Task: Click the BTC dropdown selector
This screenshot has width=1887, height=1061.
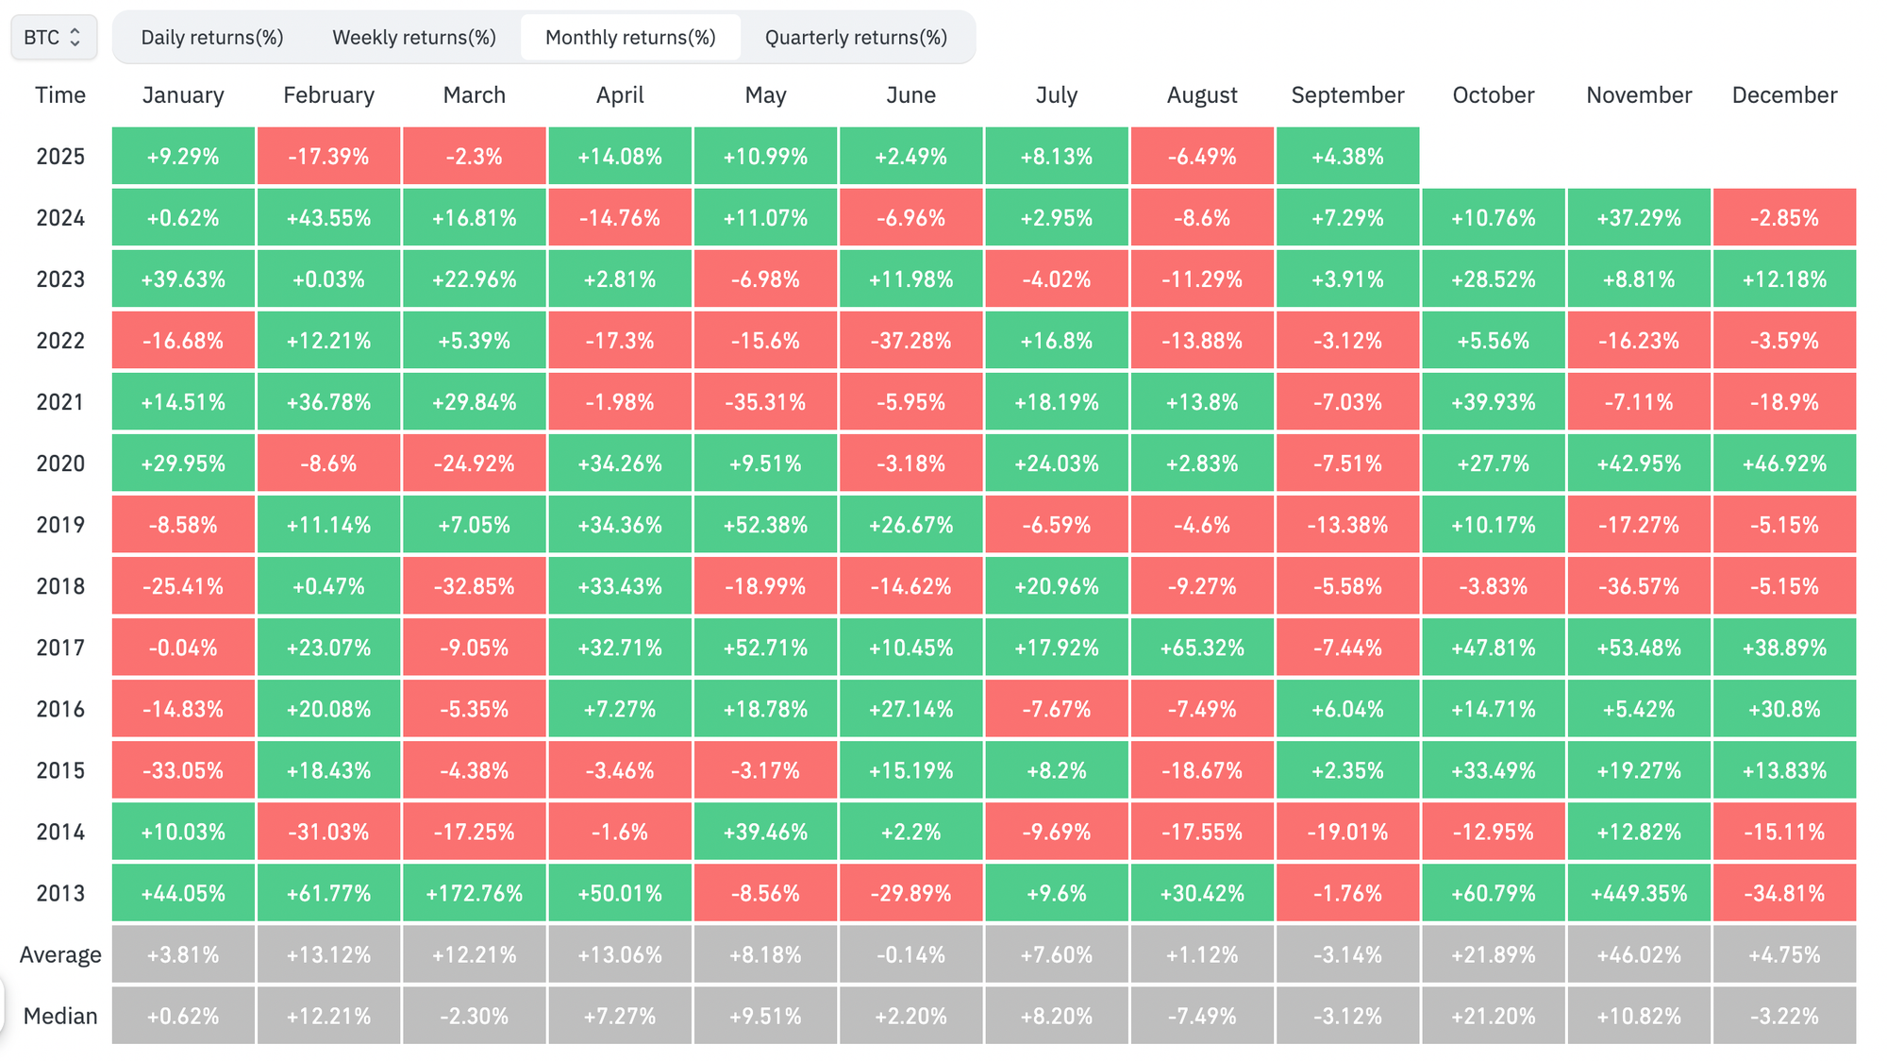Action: click(53, 38)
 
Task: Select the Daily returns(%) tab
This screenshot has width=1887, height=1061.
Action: click(212, 38)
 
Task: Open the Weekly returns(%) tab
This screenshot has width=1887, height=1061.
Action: click(413, 38)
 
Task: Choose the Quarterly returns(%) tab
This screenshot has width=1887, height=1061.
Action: click(856, 38)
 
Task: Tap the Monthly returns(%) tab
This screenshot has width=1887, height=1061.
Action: click(630, 38)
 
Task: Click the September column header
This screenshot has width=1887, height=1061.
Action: click(1347, 95)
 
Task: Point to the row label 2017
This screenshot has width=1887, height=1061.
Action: click(60, 648)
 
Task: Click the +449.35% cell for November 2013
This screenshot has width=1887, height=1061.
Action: click(1639, 893)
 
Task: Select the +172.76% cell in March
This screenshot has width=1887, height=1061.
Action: click(474, 893)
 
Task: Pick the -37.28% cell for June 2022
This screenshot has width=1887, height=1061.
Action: click(910, 341)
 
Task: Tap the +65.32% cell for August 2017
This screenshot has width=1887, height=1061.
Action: click(1202, 648)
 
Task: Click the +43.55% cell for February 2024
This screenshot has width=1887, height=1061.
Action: click(328, 218)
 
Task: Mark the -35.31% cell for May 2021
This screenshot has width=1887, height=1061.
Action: click(765, 402)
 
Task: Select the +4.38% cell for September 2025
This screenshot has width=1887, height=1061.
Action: click(1347, 157)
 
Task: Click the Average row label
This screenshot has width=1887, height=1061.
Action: click(60, 954)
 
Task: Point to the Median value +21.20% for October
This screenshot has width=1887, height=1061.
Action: click(1493, 1016)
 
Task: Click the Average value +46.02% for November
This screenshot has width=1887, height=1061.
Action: click(1639, 954)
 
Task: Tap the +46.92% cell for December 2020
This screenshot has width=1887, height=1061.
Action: click(1784, 463)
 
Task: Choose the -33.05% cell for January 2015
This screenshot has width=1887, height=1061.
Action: click(183, 770)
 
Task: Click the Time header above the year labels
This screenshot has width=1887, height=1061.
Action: click(60, 95)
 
